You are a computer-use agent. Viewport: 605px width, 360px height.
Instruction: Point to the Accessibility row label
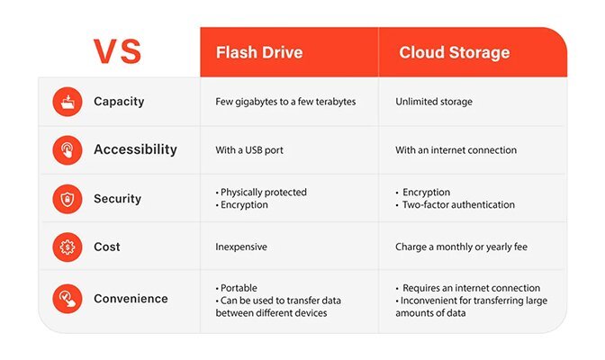[x=135, y=149]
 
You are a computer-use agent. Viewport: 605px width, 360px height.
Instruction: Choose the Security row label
[x=117, y=198]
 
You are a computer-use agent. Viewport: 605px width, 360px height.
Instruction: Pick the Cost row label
[x=107, y=247]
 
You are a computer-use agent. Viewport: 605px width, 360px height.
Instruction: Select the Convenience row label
[x=131, y=298]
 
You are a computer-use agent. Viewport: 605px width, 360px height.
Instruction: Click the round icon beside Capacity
[x=68, y=102]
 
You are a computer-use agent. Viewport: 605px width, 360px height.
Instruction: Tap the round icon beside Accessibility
[x=68, y=149]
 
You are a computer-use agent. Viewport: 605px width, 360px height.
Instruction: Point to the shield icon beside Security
[x=68, y=198]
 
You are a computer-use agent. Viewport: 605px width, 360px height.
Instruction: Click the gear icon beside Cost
[x=68, y=247]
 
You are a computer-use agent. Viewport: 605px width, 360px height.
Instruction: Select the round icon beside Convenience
[x=68, y=298]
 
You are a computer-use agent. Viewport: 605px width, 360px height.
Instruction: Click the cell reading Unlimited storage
[x=435, y=102]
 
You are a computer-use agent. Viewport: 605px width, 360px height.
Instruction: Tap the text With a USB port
[x=250, y=150]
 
